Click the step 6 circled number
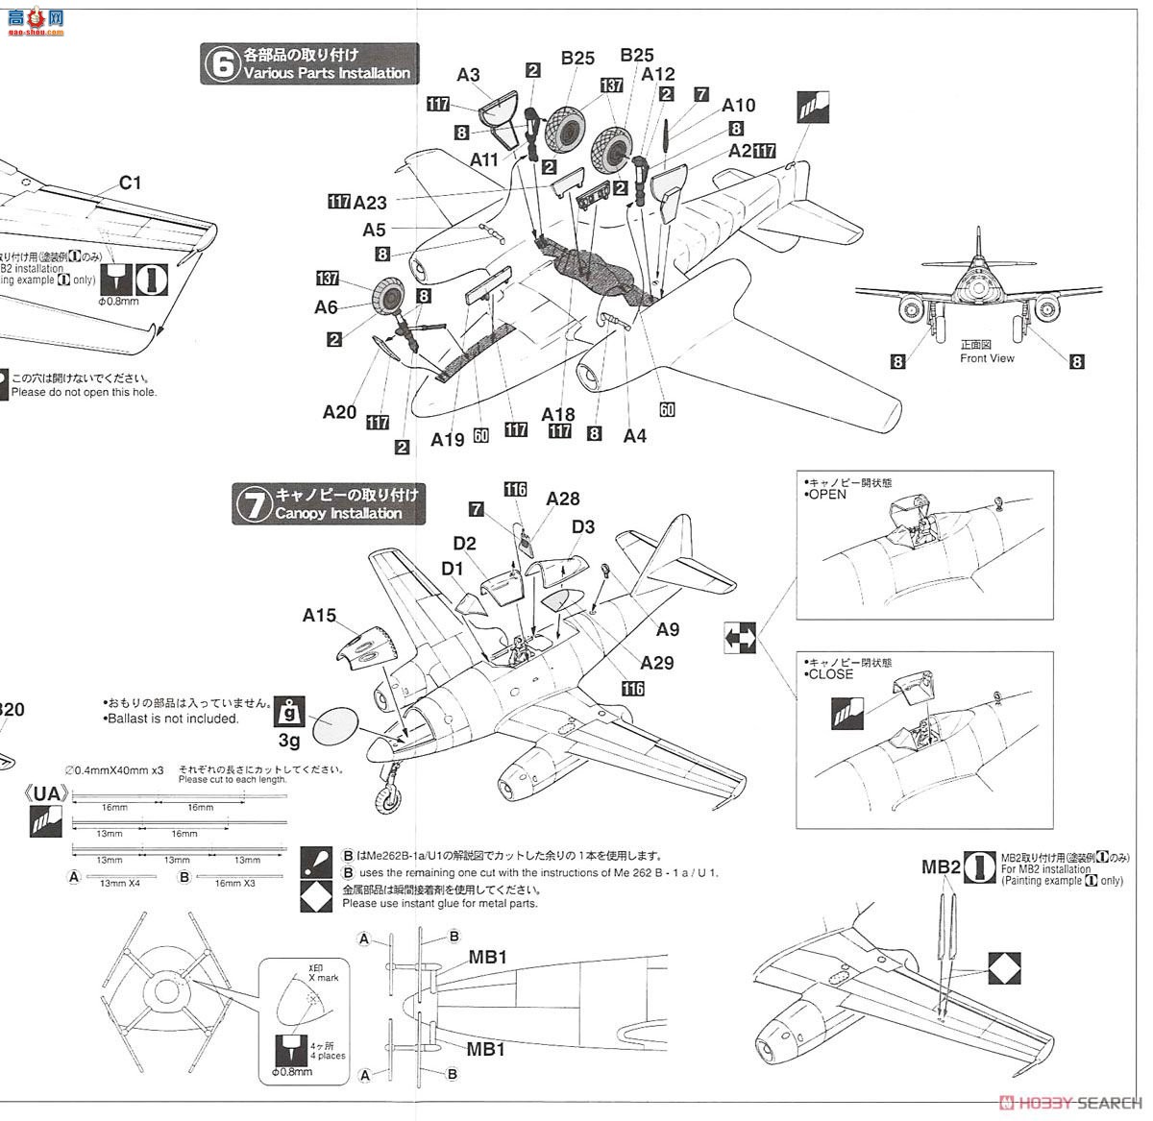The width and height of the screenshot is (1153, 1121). point(222,65)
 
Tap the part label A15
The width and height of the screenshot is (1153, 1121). point(319,616)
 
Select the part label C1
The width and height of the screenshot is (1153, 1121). point(130,183)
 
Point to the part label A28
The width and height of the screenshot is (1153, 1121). point(563,499)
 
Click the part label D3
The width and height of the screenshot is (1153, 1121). point(583,527)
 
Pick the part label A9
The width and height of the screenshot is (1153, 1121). point(668,629)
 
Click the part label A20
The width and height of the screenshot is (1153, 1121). point(339,412)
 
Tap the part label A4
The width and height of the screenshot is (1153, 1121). point(634,435)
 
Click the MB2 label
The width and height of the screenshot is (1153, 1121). point(941,867)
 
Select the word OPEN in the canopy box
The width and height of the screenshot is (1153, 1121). point(827,494)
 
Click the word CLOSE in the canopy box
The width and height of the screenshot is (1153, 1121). point(830,673)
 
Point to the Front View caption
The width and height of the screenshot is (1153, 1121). point(987,358)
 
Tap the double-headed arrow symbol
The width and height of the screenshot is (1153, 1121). point(741,637)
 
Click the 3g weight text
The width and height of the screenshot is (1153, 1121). point(288,741)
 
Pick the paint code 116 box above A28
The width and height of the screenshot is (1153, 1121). point(516,490)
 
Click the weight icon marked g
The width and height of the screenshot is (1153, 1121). point(288,713)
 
